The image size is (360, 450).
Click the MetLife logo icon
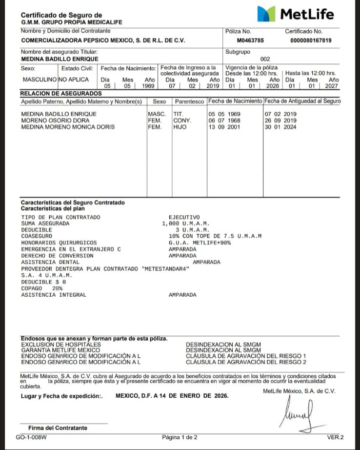click(x=265, y=14)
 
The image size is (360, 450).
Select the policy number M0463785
click(x=252, y=41)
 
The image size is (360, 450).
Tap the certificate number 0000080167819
click(x=310, y=41)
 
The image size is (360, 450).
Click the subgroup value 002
click(x=265, y=59)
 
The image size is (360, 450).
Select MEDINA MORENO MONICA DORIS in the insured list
click(x=68, y=127)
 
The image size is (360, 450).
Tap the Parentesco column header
click(x=189, y=102)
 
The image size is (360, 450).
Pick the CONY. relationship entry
click(x=182, y=121)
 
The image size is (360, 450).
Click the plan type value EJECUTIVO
click(x=184, y=217)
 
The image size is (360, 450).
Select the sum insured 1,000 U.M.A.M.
click(x=185, y=223)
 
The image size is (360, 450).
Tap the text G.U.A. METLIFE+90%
click(x=200, y=242)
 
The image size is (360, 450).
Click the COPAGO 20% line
click(x=42, y=288)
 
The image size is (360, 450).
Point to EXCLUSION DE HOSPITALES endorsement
click(x=61, y=345)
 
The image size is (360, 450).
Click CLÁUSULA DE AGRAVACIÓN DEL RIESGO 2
click(x=246, y=362)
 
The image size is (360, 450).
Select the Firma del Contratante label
click(x=58, y=428)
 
